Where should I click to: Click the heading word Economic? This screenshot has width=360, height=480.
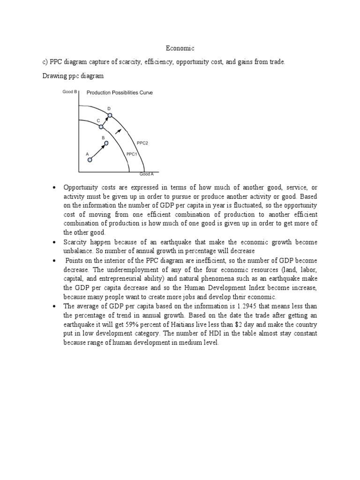coord(180,48)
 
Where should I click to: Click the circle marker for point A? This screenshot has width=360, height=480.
coord(90,160)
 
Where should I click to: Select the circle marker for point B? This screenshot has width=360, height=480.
coord(106,143)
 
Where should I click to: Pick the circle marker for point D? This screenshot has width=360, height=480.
coord(110,115)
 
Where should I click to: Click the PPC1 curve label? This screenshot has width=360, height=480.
coord(131,153)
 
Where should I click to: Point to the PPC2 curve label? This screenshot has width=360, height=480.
coord(142,143)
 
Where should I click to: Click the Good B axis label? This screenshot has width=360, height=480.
coord(70,92)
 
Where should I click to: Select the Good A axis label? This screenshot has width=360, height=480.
coord(146,174)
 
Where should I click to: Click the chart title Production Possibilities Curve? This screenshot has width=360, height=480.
coord(120,93)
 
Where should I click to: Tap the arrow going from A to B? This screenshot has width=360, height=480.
coord(98,151)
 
